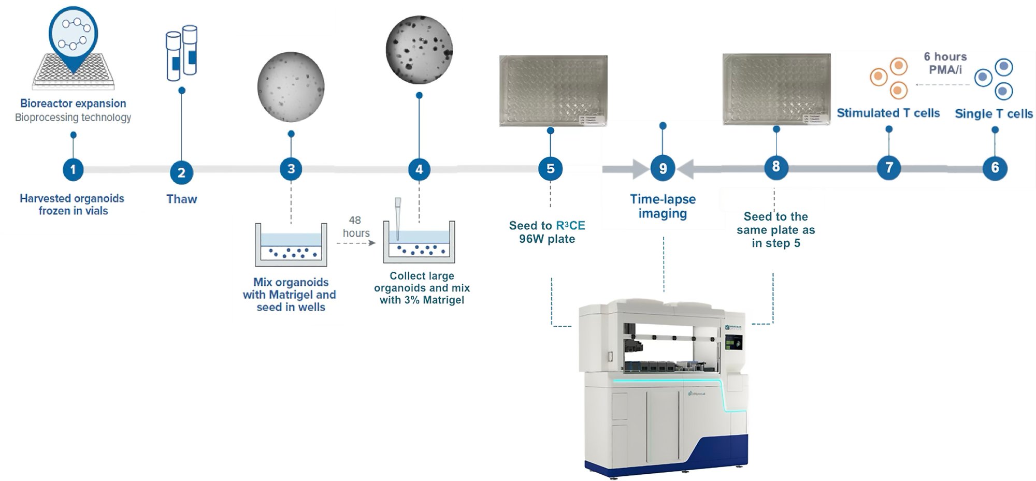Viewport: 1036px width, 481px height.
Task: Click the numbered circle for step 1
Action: pos(73,169)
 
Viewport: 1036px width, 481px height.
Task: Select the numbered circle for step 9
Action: pos(663,168)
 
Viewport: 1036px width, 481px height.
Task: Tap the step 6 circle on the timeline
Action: pos(995,168)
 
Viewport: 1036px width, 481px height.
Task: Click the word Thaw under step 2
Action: pos(181,199)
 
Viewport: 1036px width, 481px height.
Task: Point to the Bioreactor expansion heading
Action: pos(73,104)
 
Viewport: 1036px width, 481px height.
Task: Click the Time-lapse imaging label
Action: pos(663,206)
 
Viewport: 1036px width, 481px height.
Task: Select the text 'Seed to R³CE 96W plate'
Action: pos(547,232)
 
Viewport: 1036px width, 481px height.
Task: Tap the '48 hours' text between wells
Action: pos(356,227)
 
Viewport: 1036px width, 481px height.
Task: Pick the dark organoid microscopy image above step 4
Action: pos(419,50)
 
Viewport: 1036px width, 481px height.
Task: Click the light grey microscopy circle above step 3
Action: pos(291,88)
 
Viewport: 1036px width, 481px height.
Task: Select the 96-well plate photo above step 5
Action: pos(553,91)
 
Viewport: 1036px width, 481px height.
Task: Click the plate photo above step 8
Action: pos(776,89)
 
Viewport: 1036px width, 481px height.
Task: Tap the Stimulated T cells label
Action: pos(888,113)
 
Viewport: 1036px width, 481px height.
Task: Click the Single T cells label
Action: pos(994,114)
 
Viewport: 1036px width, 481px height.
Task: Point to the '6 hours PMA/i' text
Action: pos(945,63)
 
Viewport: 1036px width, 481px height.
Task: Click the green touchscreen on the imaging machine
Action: pos(733,342)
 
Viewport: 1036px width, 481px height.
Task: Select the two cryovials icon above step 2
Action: pos(181,53)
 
